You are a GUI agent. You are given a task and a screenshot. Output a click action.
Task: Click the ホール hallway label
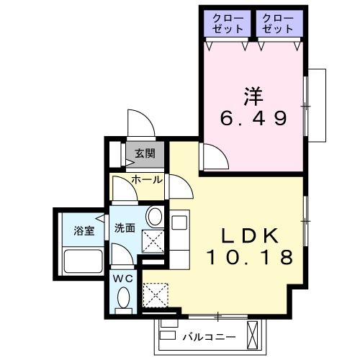146,179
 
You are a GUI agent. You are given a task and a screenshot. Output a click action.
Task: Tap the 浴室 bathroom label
84,230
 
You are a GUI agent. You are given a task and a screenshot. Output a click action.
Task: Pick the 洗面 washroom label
125,228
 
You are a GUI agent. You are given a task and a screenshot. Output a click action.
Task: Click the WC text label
122,277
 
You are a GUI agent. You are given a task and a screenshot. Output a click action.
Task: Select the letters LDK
249,236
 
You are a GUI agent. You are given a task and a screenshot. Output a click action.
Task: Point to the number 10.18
250,256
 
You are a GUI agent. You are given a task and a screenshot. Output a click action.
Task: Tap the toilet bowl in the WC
123,299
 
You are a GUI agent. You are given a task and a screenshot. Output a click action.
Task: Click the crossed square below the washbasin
153,242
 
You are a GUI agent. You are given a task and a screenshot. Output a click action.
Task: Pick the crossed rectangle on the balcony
253,333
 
